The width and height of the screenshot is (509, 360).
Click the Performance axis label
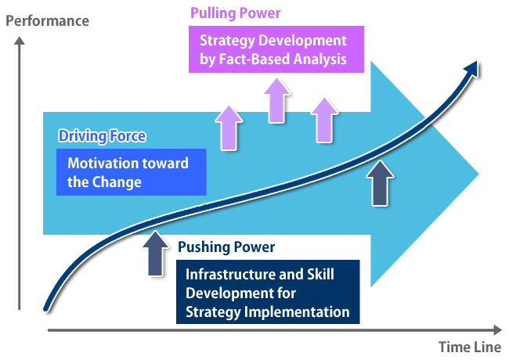[x=48, y=21]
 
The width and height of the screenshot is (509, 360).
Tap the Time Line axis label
[x=470, y=347]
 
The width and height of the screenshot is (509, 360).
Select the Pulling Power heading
[x=236, y=13]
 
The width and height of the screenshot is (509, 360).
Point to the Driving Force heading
[x=102, y=136]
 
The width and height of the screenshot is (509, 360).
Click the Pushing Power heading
[x=226, y=247]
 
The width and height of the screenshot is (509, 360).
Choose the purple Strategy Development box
[x=276, y=49]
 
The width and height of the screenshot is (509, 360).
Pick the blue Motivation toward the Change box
[x=132, y=172]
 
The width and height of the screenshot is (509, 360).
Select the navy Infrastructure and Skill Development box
[x=268, y=292]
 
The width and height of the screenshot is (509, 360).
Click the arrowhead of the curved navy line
[x=471, y=68]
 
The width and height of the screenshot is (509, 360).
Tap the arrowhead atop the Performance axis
[x=20, y=41]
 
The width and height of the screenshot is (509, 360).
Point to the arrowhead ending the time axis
[x=497, y=330]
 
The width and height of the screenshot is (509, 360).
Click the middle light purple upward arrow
[x=277, y=101]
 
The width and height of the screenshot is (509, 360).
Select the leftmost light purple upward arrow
[x=229, y=128]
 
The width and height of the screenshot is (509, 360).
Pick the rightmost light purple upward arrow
[x=324, y=120]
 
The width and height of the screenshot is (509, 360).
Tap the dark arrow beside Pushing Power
[x=156, y=254]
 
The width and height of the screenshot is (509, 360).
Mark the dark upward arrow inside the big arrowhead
[x=380, y=183]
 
